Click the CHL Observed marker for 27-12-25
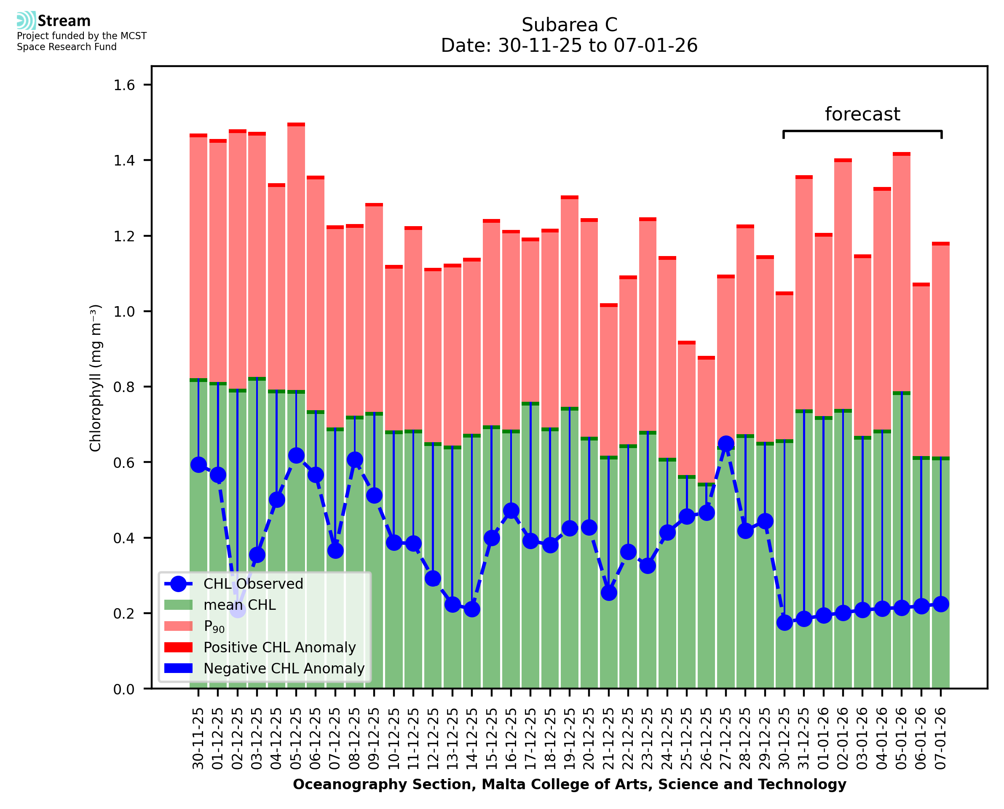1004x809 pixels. pos(726,443)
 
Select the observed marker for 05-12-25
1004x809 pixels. pos(296,455)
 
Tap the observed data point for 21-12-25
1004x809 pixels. pos(609,593)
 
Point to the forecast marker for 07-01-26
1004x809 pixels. pos(941,604)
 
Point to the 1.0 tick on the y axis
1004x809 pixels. pos(124,312)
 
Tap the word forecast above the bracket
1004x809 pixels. pos(862,114)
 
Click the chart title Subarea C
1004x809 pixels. pos(569,25)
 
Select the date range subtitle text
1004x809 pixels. pos(569,45)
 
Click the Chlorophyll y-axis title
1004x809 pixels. pos(95,378)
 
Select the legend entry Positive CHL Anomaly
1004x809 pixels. pos(279,647)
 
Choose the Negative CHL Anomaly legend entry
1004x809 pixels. pos(284,668)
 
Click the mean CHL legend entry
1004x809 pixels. pos(240,605)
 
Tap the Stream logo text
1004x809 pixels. pos(64,21)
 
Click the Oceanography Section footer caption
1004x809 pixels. pos(569,785)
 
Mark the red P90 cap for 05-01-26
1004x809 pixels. pos(902,154)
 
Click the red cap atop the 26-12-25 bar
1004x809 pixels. pos(706,358)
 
